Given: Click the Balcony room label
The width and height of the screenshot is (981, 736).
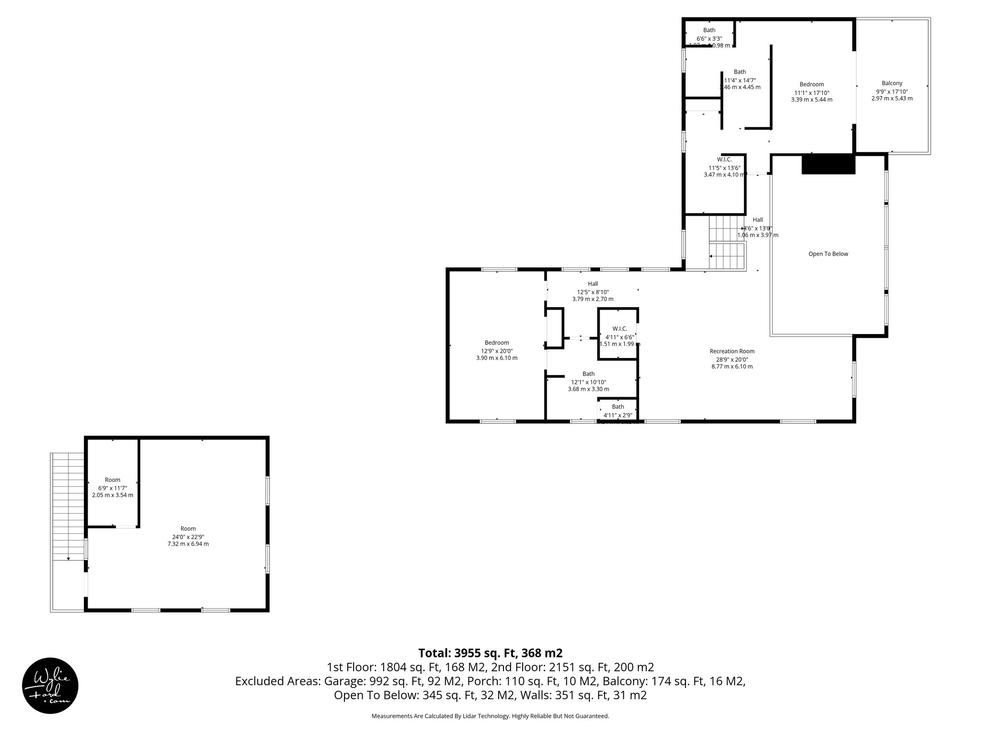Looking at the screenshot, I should pyautogui.click(x=892, y=83).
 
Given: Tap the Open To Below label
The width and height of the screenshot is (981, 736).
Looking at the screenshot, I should pyautogui.click(x=828, y=254).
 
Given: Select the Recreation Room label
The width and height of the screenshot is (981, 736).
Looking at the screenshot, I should pyautogui.click(x=732, y=351).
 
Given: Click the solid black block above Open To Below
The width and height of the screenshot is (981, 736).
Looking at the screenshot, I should pyautogui.click(x=828, y=164).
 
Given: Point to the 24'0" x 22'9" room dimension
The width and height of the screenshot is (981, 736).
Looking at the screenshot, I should pyautogui.click(x=188, y=537).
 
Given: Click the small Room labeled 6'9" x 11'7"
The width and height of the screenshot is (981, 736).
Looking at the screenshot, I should pyautogui.click(x=113, y=480).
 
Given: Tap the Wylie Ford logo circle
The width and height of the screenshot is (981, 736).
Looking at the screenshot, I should pyautogui.click(x=50, y=685).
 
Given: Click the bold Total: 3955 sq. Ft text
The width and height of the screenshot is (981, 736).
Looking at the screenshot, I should pyautogui.click(x=490, y=653).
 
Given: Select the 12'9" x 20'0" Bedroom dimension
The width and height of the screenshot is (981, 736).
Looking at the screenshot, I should pyautogui.click(x=497, y=351).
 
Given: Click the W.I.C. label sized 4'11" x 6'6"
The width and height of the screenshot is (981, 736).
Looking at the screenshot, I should pyautogui.click(x=619, y=329).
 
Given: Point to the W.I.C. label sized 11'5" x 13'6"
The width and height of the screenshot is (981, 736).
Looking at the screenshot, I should pyautogui.click(x=724, y=160).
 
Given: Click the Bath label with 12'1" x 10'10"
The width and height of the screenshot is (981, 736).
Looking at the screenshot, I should pyautogui.click(x=589, y=374).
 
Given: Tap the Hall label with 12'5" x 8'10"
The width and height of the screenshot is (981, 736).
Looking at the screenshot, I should pyautogui.click(x=593, y=284).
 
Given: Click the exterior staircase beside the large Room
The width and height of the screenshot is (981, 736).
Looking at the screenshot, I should pyautogui.click(x=68, y=506).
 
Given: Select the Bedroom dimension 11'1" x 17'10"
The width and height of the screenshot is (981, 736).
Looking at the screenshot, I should pyautogui.click(x=811, y=92).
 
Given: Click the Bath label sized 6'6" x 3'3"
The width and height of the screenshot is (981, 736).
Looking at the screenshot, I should pyautogui.click(x=709, y=31).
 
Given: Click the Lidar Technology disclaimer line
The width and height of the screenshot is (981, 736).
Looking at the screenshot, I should pyautogui.click(x=490, y=716).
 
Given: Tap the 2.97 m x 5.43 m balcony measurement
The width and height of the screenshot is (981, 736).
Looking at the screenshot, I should pyautogui.click(x=892, y=99).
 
